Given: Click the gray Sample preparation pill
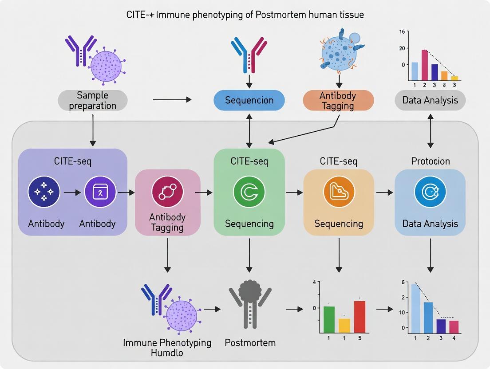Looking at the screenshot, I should (93, 101).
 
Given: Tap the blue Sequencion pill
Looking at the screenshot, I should (249, 100).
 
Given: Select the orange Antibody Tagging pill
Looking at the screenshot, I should (338, 101).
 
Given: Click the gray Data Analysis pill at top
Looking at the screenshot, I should (430, 100).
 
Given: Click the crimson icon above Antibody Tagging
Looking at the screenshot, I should (167, 192).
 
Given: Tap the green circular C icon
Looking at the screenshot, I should (249, 192).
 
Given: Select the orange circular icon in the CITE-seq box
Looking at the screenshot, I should (339, 192).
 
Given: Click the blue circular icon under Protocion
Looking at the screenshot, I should (430, 192).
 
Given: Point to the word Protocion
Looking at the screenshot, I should (430, 161).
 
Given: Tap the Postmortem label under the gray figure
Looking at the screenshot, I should (250, 343).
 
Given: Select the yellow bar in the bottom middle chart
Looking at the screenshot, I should (344, 325).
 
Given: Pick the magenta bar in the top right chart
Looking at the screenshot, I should (424, 65).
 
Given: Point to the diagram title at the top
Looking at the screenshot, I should (245, 15).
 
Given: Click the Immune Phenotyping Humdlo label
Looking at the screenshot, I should (167, 348).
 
